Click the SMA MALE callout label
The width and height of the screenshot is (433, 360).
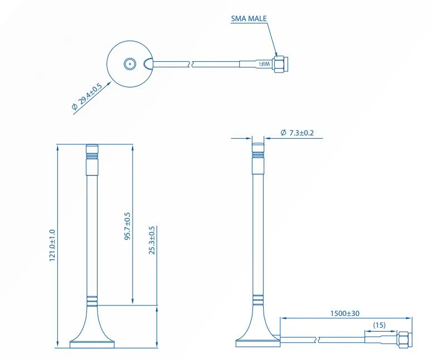coord(249,18)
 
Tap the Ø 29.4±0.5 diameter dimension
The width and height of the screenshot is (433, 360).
coord(87,98)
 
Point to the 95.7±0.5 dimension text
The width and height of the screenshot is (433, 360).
coord(128,226)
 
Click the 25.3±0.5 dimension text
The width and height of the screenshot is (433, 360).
coord(152,240)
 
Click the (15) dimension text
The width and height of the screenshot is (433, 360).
coord(379,325)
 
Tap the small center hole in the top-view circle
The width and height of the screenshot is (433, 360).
coord(129,64)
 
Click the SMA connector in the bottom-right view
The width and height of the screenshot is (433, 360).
coord(405,338)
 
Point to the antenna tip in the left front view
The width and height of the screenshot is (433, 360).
coord(91,149)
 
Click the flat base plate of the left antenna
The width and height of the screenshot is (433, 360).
coord(92,344)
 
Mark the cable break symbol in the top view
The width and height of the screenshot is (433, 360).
coord(192,64)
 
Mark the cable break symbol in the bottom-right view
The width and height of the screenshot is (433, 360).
coord(318,338)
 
